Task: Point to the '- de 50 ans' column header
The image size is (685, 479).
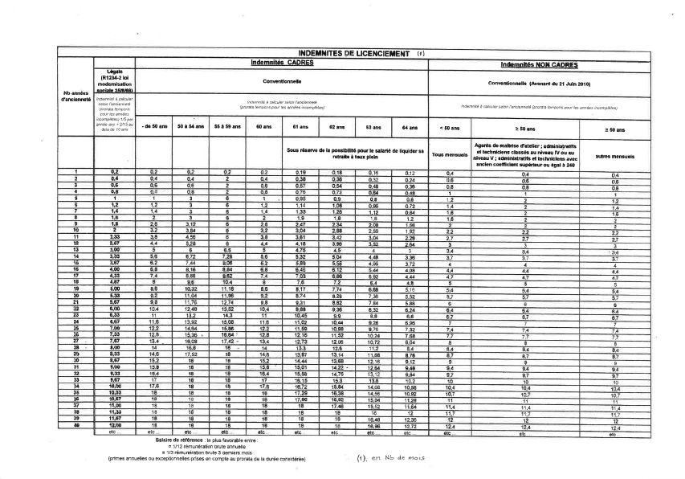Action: coord(150,127)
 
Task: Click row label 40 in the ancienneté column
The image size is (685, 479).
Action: coord(75,424)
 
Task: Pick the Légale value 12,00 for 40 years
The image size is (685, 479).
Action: coord(115,424)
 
